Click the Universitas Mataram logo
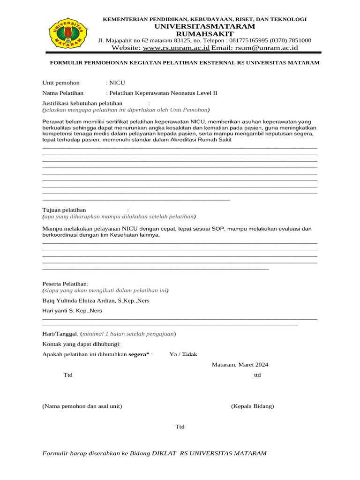click(x=68, y=32)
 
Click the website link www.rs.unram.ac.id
click(x=176, y=48)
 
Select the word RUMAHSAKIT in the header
click(x=204, y=34)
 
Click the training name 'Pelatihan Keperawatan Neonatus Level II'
click(x=163, y=93)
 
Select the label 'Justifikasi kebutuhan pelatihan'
click(x=82, y=103)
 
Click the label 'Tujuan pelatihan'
click(x=64, y=210)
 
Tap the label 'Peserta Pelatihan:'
click(x=65, y=284)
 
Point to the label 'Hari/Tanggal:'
click(x=60, y=334)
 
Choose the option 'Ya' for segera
click(x=173, y=354)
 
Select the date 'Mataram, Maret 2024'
click(x=240, y=365)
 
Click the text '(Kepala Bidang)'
click(x=252, y=406)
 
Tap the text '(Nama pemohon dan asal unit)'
click(x=82, y=406)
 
